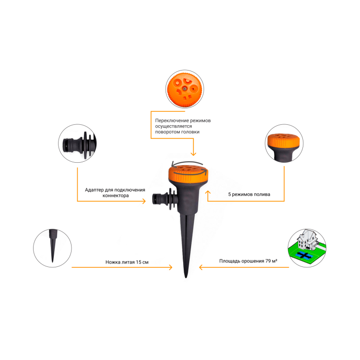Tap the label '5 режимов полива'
(249, 194)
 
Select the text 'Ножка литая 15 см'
(127, 262)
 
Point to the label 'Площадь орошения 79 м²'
(248, 261)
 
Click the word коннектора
(116, 196)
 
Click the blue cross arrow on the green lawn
(304, 255)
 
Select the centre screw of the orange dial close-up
(185, 88)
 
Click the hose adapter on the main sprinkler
(165, 199)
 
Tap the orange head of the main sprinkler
(188, 174)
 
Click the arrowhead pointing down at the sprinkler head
(193, 154)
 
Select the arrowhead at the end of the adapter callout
(144, 201)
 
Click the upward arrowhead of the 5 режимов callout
(208, 192)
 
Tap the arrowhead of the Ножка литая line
(170, 267)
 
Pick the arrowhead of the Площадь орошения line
(201, 267)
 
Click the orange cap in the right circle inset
(284, 141)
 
